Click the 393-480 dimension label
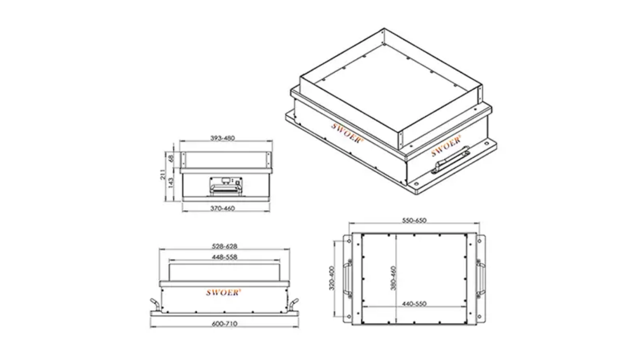223,138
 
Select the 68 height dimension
171,159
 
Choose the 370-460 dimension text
223,209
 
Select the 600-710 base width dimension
224,324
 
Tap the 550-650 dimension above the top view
414,220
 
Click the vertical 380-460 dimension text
394,279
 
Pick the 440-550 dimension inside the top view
414,304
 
